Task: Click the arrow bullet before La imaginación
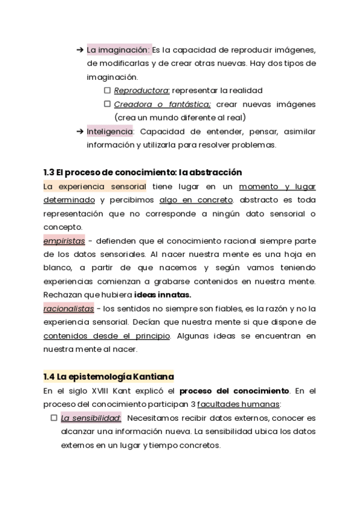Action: coord(80,49)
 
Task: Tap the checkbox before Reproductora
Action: coord(107,90)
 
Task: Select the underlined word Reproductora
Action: coord(142,91)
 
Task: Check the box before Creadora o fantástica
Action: coord(107,104)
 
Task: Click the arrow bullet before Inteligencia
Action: coord(80,131)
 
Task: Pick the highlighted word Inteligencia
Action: coord(109,131)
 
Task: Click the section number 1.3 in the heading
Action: coord(49,172)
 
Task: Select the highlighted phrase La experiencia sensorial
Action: coord(95,186)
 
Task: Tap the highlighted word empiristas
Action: coord(64,241)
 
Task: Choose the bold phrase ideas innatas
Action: coord(163,295)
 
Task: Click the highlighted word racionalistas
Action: coord(68,309)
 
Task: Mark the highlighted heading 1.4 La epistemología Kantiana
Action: coord(108,376)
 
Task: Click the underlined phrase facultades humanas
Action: coord(238,404)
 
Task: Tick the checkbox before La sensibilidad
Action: coord(54,417)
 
